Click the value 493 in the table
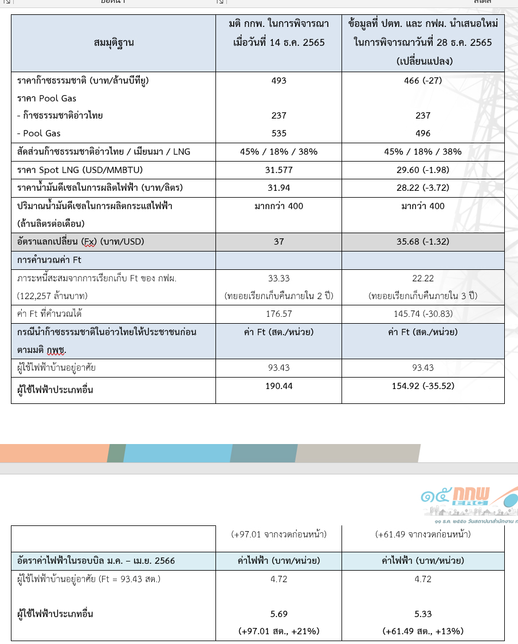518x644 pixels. click(278, 81)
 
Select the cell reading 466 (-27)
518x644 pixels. click(423, 81)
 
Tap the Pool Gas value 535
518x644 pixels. click(278, 133)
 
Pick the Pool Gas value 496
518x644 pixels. click(423, 133)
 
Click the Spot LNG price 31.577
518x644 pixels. click(278, 170)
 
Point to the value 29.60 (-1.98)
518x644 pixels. click(423, 170)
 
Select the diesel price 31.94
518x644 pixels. click(278, 188)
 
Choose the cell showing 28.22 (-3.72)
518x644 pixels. click(423, 188)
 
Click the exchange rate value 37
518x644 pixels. click(278, 242)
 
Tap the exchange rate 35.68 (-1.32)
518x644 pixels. click(423, 242)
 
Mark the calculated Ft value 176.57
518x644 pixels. click(278, 314)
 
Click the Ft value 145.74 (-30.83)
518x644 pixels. click(423, 314)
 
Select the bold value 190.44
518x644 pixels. click(278, 386)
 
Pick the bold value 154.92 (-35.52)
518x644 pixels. click(423, 386)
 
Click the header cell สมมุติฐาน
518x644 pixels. click(113, 42)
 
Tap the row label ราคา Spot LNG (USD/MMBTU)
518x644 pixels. click(80, 170)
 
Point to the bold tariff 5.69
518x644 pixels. click(278, 614)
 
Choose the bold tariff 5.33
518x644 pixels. click(423, 614)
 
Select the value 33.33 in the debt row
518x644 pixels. click(278, 278)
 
